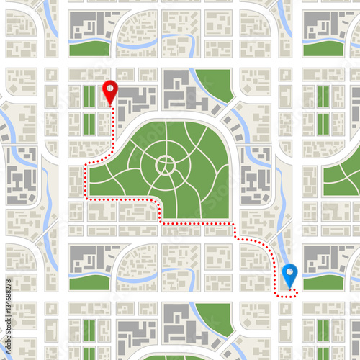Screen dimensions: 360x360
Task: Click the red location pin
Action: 109,92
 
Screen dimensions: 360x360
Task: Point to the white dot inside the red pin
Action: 109,89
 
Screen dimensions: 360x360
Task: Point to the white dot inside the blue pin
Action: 289,272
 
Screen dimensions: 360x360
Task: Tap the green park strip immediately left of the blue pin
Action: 89,281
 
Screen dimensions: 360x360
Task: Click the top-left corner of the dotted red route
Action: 88,165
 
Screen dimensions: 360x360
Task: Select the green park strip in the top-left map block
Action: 89,48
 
